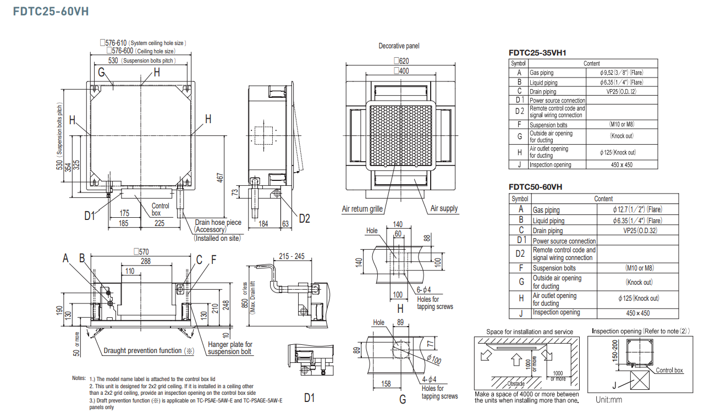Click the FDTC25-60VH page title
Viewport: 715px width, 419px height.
(x=51, y=11)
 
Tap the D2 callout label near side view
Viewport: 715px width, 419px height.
(x=304, y=218)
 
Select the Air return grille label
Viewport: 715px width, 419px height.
(x=362, y=209)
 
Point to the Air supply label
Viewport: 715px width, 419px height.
(x=443, y=208)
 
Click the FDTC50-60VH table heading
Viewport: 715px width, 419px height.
(x=536, y=187)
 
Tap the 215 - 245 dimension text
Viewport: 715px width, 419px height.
(x=291, y=256)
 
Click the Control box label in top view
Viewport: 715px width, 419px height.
(x=160, y=209)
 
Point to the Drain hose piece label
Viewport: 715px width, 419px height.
(x=218, y=223)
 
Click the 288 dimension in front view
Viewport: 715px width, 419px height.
(x=145, y=261)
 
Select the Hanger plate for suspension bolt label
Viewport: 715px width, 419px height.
(x=230, y=348)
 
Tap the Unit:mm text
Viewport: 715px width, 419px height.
(x=609, y=400)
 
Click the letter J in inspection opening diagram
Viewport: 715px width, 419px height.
(x=614, y=385)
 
